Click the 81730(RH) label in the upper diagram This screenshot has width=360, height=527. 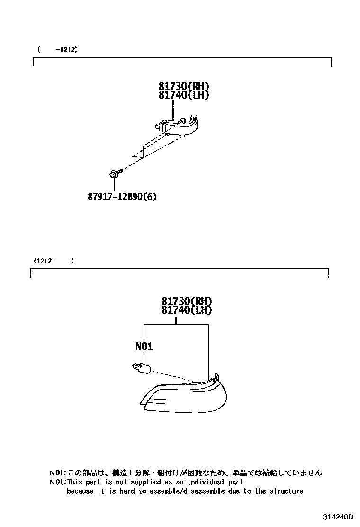coord(184,86)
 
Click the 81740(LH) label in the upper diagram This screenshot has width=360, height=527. coord(184,95)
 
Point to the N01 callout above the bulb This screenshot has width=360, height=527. coord(144,346)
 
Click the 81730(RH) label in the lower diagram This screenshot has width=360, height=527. coord(186,301)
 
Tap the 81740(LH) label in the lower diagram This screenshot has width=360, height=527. coord(186,310)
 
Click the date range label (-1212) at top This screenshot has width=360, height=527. coord(57,49)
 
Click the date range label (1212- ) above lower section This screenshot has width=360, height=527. coord(54,261)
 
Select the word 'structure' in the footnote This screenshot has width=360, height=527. coord(286,491)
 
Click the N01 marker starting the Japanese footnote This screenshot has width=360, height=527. coord(55,472)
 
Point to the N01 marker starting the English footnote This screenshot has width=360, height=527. coord(55,482)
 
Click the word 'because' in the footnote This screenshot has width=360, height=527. coord(81,491)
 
